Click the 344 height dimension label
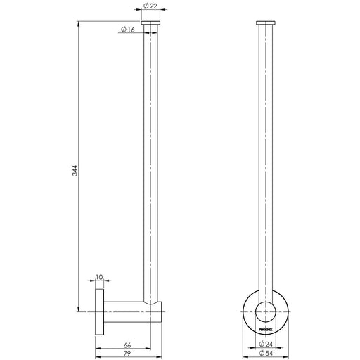[75, 170]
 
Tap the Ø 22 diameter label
[150, 6]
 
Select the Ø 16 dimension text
[128, 30]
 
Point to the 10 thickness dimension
[99, 277]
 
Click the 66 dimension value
[127, 345]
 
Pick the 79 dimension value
[127, 354]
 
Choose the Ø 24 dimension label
[266, 344]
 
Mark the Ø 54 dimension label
[266, 353]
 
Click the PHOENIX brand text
[266, 330]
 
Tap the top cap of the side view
[150, 22]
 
